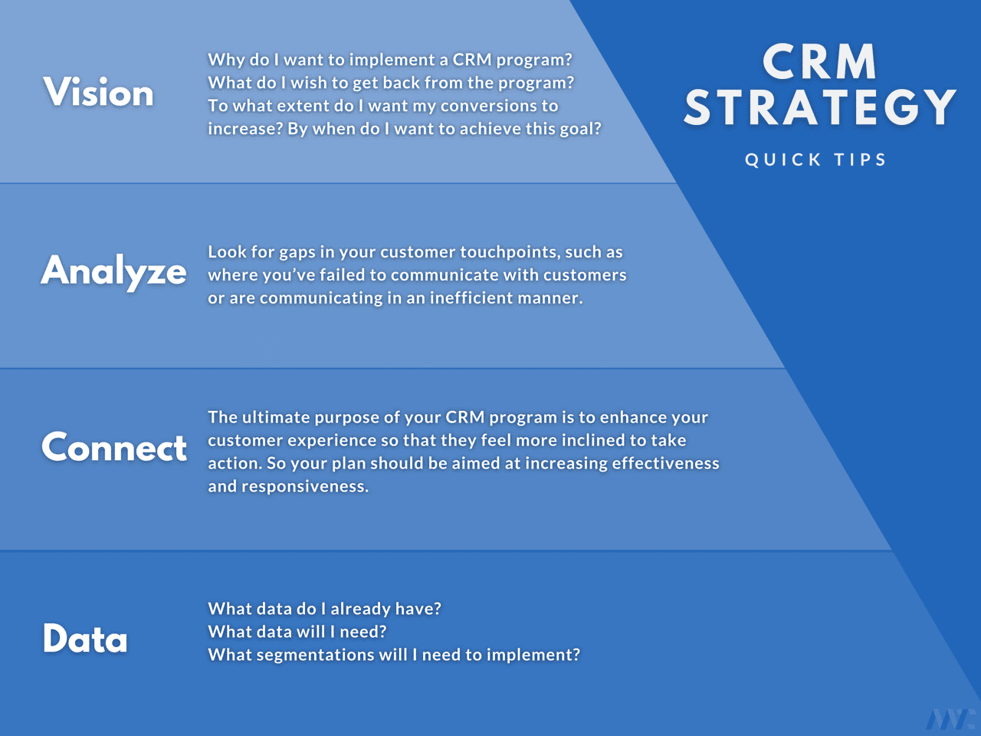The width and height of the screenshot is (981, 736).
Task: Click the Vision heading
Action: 98,92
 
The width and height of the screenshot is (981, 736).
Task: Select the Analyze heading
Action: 113,271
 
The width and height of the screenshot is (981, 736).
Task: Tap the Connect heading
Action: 114,447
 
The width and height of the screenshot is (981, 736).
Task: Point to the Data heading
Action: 85,638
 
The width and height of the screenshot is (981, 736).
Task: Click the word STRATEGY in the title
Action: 819,107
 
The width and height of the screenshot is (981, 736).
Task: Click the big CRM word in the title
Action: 819,62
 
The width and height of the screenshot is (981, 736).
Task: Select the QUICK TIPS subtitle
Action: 815,159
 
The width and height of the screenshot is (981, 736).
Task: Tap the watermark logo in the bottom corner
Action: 950,719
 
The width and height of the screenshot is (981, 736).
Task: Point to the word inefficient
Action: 471,297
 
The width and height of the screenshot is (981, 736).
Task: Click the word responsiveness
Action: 305,487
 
